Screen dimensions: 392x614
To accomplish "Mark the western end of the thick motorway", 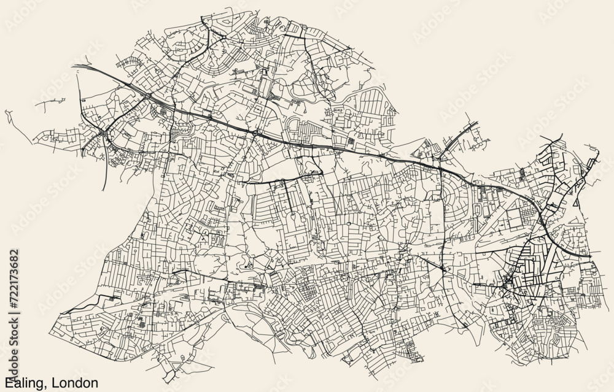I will coord(73,65).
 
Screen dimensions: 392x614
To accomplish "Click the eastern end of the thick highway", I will coord(589,255).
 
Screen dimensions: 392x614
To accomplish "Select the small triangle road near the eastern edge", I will coord(577,200).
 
